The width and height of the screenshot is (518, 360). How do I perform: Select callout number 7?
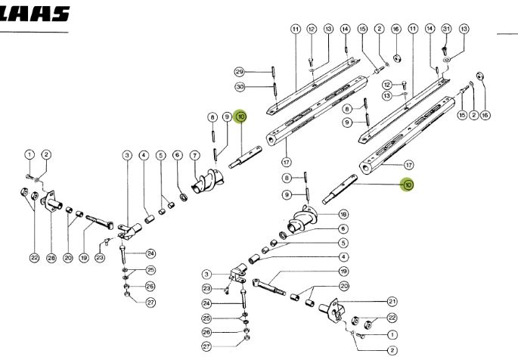(194, 156)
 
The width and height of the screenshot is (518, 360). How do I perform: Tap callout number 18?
(343, 214)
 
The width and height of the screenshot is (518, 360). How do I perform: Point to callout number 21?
(392, 301)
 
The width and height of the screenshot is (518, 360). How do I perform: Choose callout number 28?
(51, 258)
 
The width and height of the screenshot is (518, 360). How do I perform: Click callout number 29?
(239, 73)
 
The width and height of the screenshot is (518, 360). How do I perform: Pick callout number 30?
(239, 88)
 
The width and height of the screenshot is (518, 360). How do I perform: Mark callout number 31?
(446, 29)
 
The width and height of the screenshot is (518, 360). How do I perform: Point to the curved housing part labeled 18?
(302, 217)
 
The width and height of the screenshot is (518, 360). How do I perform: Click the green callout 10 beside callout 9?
(241, 116)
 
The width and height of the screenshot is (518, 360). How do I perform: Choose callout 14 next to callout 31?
(430, 29)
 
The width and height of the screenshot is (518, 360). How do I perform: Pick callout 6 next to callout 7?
(177, 156)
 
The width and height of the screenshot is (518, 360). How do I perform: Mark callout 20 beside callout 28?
(68, 258)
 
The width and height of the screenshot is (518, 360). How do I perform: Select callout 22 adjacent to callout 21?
(392, 318)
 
